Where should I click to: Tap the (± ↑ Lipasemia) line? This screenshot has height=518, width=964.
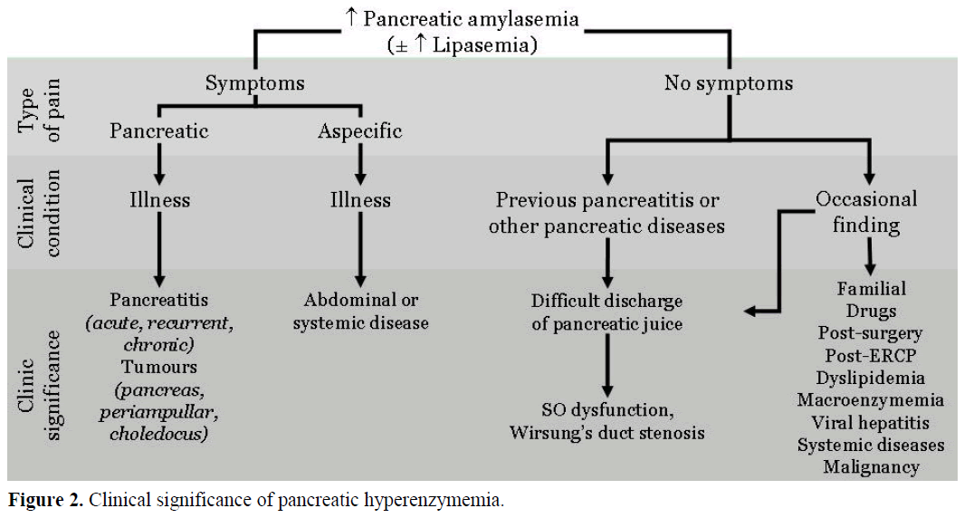click(463, 45)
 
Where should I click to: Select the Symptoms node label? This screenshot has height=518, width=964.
click(254, 84)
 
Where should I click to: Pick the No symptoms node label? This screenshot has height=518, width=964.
click(729, 84)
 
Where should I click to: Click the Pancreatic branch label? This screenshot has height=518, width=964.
click(159, 131)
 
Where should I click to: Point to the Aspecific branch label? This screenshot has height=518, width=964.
click(359, 131)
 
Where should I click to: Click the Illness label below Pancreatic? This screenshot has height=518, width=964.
click(159, 199)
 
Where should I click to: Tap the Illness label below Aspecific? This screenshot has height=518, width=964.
click(360, 199)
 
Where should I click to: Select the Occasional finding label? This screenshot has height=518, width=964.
click(866, 212)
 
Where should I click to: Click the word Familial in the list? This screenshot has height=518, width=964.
click(871, 289)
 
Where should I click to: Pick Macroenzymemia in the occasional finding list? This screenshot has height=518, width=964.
click(871, 400)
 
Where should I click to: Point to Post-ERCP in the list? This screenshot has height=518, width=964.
click(871, 356)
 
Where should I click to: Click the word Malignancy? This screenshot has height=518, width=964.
click(871, 467)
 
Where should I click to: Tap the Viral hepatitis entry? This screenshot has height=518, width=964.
click(871, 423)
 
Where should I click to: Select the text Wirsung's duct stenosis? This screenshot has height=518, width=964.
click(606, 432)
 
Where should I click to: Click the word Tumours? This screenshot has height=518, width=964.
click(159, 367)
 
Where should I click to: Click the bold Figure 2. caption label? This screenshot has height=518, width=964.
click(45, 500)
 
